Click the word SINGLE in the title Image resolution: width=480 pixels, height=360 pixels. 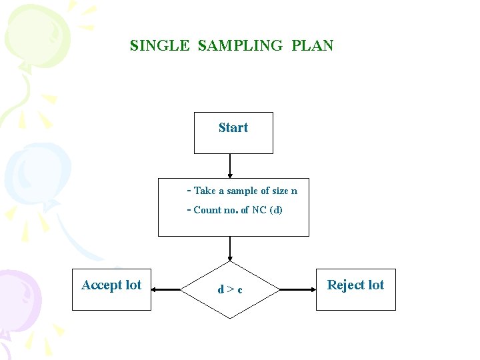pos(160,46)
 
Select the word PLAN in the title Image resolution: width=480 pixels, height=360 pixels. pos(312,46)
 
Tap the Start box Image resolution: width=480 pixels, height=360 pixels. pos(233,133)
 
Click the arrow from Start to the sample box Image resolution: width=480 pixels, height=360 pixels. pos(230,166)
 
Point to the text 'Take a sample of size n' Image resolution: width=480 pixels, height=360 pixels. pos(245,191)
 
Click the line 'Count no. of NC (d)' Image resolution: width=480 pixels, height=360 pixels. pos(237,210)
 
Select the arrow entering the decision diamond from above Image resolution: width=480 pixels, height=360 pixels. pos(230,249)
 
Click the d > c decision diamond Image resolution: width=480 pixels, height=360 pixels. pos(230,289)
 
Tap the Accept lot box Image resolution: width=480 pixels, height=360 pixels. pos(111,289)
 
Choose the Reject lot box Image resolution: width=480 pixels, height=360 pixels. pos(355,289)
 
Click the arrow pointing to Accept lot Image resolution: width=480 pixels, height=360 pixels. pos(167,289)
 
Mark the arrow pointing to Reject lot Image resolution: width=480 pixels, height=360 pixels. pos(297,289)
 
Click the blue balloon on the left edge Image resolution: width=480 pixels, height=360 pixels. pos(27,170)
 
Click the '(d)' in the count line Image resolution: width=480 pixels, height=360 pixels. pos(275,210)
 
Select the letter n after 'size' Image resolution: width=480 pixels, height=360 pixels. pos(294,191)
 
